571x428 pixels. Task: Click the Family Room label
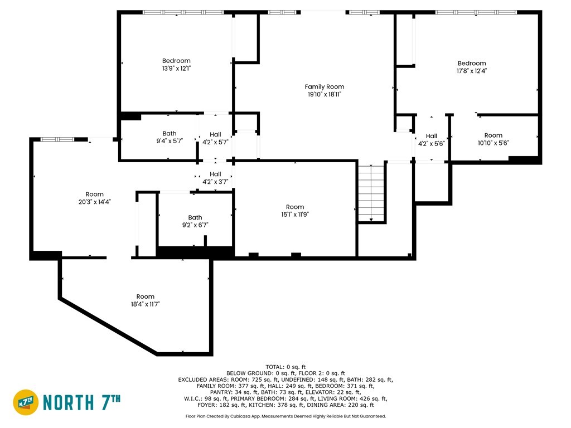[x=325, y=86]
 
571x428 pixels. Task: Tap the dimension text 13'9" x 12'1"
[x=176, y=69]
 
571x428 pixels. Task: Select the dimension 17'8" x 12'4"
[x=472, y=71]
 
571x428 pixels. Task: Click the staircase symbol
[x=371, y=193]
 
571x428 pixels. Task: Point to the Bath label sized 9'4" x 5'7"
[x=170, y=134]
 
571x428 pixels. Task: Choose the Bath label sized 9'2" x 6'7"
[x=195, y=217]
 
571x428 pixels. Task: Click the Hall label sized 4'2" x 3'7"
[x=215, y=174]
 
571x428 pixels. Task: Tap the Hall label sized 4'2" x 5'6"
[x=432, y=136]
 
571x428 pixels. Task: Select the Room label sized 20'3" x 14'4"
[x=94, y=194]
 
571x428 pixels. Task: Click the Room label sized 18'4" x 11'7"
[x=146, y=296]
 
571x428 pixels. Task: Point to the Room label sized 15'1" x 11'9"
[x=295, y=207]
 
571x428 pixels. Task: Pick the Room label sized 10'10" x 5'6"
[x=493, y=135]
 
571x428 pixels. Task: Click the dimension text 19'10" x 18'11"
[x=325, y=94]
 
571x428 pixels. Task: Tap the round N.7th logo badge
[x=26, y=402]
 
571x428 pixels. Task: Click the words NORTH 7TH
[x=82, y=402]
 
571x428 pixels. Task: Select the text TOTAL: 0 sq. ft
[x=285, y=367]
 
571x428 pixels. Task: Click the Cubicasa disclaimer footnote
[x=285, y=416]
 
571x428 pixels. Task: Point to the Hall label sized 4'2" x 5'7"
[x=215, y=134]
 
